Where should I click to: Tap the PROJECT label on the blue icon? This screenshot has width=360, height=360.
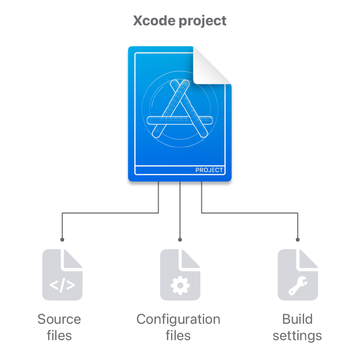(x=209, y=170)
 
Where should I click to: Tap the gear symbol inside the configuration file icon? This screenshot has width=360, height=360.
(x=180, y=285)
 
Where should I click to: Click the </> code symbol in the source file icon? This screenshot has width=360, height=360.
(x=62, y=286)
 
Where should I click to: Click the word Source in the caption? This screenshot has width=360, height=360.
(x=59, y=319)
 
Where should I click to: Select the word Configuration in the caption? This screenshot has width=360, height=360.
(x=178, y=319)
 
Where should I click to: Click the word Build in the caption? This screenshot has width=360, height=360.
(x=297, y=319)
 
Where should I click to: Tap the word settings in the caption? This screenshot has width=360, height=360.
(x=297, y=336)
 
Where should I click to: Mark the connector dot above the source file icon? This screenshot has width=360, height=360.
(x=62, y=239)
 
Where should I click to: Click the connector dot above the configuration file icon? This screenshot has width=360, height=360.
(x=180, y=239)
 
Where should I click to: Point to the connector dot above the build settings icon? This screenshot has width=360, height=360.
(x=298, y=239)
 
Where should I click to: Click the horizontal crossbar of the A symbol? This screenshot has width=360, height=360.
(x=180, y=120)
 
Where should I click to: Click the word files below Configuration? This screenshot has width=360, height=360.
(x=178, y=336)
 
